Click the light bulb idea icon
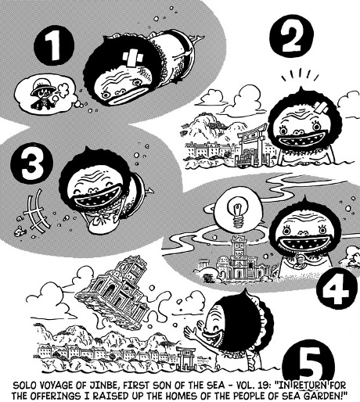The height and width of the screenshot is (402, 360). pyautogui.click(x=237, y=212)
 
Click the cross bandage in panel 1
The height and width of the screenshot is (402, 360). pyautogui.click(x=133, y=59)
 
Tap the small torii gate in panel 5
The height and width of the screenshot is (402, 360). pyautogui.click(x=185, y=356)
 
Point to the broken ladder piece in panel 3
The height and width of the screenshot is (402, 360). pyautogui.click(x=36, y=210)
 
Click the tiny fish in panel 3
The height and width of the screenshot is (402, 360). pyautogui.click(x=20, y=230)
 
